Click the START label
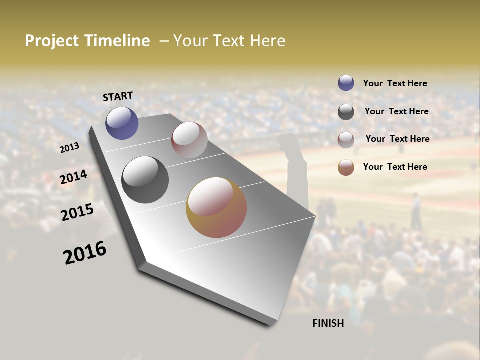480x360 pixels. coord(118,96)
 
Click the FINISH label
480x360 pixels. coord(328,323)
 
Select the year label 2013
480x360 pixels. coord(69,148)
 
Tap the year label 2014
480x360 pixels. coord(74,177)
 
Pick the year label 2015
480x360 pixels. coord(77,212)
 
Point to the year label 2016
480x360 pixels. coord(85,253)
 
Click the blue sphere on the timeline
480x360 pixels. coord(122,123)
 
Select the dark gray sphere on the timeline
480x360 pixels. coord(145,180)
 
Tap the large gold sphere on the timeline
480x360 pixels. coord(216,207)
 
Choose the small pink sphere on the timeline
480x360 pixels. coord(189,140)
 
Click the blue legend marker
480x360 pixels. coord(346,83)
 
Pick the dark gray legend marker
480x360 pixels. coord(346,112)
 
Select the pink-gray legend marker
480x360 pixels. coord(346,140)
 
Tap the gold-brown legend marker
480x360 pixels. coord(346,167)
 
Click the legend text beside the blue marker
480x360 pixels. coord(395,83)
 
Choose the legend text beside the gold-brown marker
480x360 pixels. coord(395,167)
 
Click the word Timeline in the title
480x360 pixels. coord(117,41)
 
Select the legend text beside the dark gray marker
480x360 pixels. coord(396,111)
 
